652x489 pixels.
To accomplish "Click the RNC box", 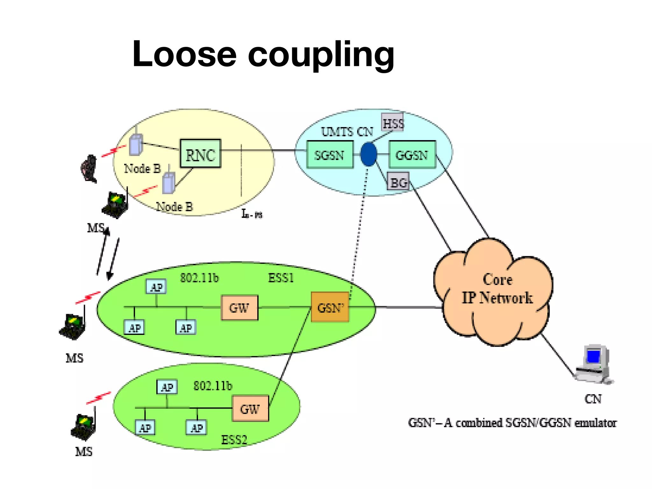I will [x=200, y=154].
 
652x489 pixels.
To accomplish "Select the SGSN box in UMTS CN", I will [x=330, y=155].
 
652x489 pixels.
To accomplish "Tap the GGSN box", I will [x=412, y=155].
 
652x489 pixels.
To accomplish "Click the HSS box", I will [x=393, y=122].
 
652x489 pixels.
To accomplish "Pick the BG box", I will [x=398, y=181].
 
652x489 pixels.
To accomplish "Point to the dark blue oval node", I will [x=369, y=154].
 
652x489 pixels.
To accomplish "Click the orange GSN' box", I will [x=330, y=307].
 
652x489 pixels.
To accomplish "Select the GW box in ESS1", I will [x=239, y=308].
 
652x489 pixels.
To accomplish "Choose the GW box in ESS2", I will [x=250, y=408].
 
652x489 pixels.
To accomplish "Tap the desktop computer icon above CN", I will [x=594, y=364].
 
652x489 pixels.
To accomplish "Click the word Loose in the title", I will [x=184, y=54].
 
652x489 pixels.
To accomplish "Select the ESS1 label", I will [x=280, y=278].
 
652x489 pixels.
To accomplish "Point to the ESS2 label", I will [x=234, y=440].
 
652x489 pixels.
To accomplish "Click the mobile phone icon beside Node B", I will [x=89, y=169].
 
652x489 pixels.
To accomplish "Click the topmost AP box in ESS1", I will [x=156, y=287].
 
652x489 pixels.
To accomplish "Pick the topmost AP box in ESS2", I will [x=167, y=387].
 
